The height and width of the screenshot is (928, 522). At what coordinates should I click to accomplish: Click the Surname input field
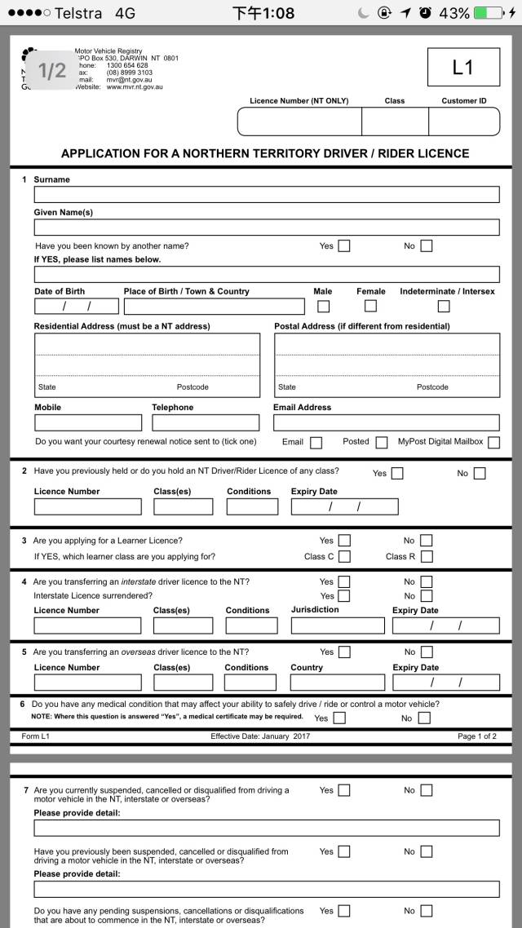[x=266, y=195]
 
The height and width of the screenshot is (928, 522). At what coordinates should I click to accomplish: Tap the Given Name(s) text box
[x=266, y=228]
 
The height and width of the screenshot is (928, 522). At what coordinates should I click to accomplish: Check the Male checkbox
[x=323, y=307]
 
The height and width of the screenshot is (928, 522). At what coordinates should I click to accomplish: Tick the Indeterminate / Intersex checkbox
[x=444, y=307]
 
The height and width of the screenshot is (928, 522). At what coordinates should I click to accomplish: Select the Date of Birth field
[x=76, y=307]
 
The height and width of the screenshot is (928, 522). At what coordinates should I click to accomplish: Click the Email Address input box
[x=386, y=422]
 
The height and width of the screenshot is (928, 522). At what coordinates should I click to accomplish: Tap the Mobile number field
[x=88, y=422]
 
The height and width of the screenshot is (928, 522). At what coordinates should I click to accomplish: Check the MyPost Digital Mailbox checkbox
[x=493, y=443]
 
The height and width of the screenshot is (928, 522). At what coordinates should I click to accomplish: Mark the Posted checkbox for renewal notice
[x=381, y=443]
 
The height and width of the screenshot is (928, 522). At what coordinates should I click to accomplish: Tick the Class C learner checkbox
[x=344, y=557]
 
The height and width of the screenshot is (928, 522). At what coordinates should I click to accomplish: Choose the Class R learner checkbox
[x=426, y=557]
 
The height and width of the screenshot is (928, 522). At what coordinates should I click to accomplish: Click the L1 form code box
[x=462, y=68]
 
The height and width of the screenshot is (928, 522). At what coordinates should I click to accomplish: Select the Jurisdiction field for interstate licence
[x=337, y=626]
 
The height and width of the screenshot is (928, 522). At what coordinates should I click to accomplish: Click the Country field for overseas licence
[x=337, y=683]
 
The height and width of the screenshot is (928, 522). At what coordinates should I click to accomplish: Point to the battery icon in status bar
[x=488, y=13]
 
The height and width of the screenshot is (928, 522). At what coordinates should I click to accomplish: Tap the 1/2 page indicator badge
[x=52, y=71]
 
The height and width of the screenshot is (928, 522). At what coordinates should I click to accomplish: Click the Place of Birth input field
[x=214, y=307]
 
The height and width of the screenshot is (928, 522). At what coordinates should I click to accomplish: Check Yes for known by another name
[x=344, y=246]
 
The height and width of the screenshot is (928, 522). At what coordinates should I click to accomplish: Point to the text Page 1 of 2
[x=476, y=736]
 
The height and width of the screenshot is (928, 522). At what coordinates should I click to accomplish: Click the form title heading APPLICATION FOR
[x=265, y=153]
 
